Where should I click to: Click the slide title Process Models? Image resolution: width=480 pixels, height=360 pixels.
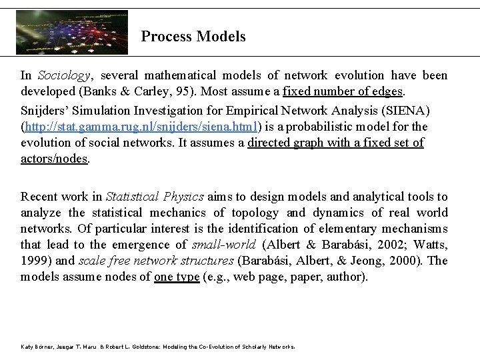click(193, 37)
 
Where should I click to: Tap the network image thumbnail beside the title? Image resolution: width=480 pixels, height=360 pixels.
click(72, 32)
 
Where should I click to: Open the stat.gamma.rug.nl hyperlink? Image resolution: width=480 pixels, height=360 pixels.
click(142, 126)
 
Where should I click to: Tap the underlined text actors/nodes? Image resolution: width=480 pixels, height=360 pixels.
click(54, 158)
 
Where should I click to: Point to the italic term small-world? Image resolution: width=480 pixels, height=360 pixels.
click(219, 245)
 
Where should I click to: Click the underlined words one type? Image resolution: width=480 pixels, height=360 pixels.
click(176, 277)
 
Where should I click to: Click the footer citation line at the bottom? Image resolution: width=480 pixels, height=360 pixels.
click(157, 347)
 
